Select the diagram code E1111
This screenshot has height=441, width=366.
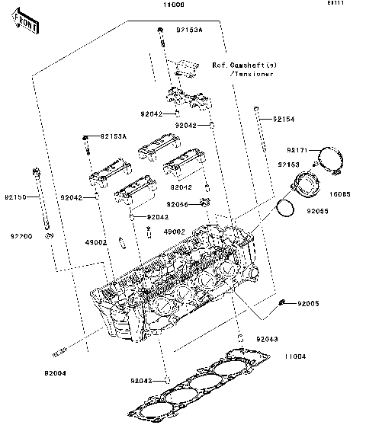pyautogui.click(x=336, y=5)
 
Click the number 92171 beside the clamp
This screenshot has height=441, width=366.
pyautogui.click(x=298, y=150)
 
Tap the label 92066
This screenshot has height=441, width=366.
pyautogui.click(x=178, y=205)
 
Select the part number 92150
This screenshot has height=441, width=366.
pyautogui.click(x=16, y=197)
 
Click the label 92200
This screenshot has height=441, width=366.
pyautogui.click(x=21, y=237)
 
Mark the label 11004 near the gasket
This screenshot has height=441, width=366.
pyautogui.click(x=295, y=356)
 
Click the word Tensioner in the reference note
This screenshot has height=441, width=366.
pyautogui.click(x=253, y=75)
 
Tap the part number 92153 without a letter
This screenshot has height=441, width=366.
pyautogui.click(x=288, y=165)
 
